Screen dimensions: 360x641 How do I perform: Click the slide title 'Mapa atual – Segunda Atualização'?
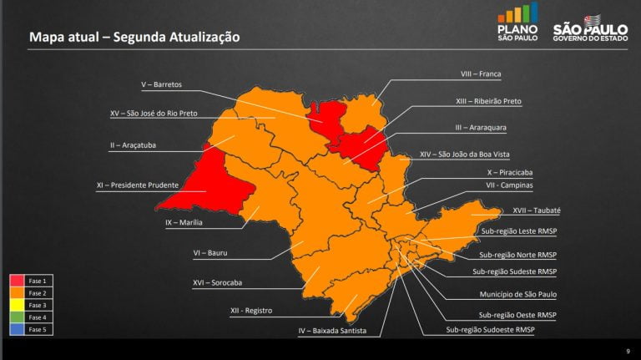pyautogui.click(x=134, y=37)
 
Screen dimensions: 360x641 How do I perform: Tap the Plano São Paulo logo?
pyautogui.click(x=517, y=23)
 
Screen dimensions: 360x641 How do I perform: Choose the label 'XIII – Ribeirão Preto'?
pyautogui.click(x=488, y=101)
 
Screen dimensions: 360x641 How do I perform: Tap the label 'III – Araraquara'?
pyautogui.click(x=481, y=128)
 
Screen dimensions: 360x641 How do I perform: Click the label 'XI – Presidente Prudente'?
pyautogui.click(x=137, y=185)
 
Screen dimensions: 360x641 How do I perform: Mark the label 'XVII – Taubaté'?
pyautogui.click(x=536, y=211)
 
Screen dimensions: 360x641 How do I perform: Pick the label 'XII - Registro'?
pyautogui.click(x=250, y=311)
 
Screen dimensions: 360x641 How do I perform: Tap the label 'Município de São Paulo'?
pyautogui.click(x=517, y=294)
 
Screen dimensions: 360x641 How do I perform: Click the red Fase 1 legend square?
pyautogui.click(x=17, y=281)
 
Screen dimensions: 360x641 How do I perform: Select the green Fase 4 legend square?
pyautogui.click(x=17, y=317)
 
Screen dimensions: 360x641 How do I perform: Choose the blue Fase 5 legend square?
pyautogui.click(x=17, y=330)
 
